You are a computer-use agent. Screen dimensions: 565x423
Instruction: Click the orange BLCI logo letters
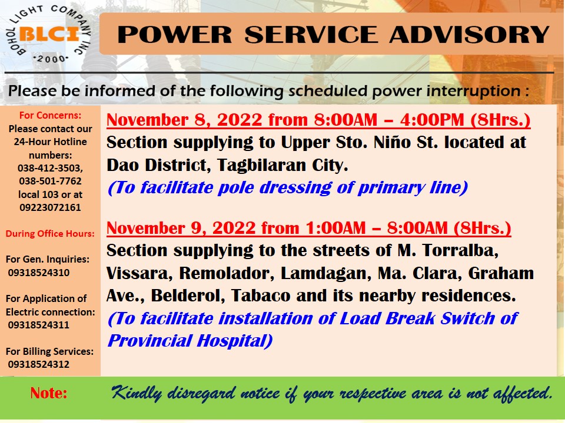49,34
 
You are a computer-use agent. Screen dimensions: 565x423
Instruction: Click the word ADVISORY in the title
469,34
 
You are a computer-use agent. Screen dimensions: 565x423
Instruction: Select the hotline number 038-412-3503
50,168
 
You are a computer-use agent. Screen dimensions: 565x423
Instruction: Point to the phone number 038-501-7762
50,181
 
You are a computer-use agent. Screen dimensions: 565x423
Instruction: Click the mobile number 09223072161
50,207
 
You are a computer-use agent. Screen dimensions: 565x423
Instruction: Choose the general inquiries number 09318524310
39,272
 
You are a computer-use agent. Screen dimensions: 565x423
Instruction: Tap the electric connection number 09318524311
39,325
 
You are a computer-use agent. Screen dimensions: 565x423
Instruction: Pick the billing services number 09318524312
39,364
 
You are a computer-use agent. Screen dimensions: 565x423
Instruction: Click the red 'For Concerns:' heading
50,115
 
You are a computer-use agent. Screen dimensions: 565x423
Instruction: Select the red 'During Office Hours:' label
50,234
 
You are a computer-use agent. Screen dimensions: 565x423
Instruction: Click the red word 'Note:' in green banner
49,393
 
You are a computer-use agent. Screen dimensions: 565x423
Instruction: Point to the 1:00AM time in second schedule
335,228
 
